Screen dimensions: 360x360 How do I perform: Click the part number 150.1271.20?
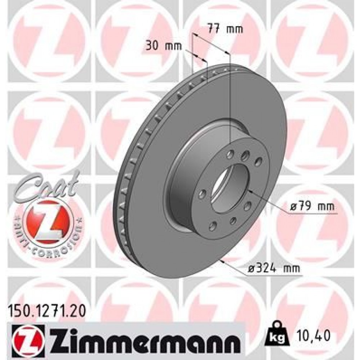(46, 309)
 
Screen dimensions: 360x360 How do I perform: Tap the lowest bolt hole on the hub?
(213, 226)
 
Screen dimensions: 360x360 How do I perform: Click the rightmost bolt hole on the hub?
(258, 161)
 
